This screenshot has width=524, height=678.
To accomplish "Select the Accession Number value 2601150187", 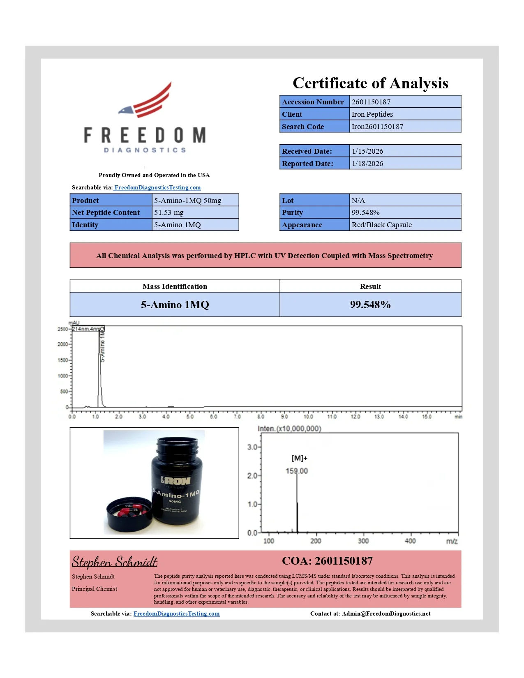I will (371, 102).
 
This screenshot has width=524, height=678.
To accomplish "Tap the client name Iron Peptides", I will (372, 114).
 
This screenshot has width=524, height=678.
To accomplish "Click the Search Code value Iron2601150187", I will (377, 127).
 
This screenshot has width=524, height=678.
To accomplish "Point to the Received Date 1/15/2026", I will (367, 151).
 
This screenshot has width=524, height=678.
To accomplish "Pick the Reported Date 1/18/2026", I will (367, 164).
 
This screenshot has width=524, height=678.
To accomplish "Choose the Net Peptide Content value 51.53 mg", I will (169, 212).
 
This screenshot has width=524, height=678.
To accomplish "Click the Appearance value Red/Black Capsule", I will (381, 225).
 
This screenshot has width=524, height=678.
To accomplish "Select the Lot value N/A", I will (358, 201).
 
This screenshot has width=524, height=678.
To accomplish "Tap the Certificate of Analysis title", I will (370, 83).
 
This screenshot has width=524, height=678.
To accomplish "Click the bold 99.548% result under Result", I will (370, 304).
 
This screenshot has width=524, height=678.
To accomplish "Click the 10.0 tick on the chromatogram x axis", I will (308, 417).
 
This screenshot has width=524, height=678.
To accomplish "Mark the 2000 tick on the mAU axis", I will (62, 344).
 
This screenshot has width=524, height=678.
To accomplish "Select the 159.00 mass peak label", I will (297, 471).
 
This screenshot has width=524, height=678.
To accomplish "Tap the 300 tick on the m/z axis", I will (363, 541).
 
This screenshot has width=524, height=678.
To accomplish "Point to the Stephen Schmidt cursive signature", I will (114, 562).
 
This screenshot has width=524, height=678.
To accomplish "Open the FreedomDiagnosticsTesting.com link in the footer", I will (176, 613).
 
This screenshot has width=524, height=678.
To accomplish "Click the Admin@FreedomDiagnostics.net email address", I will (386, 613).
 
